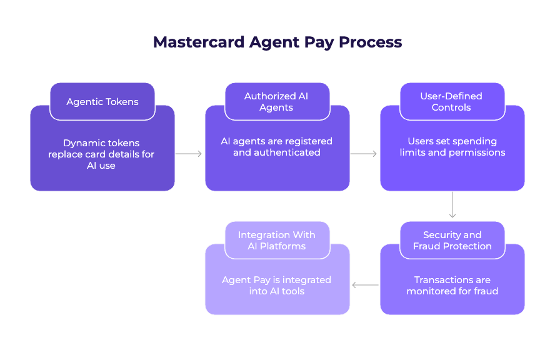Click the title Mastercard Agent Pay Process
[277, 42]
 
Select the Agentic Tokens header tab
[102, 102]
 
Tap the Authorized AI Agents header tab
[276, 102]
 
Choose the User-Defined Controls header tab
[451, 102]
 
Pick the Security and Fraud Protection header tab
[452, 241]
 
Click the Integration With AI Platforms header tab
[276, 241]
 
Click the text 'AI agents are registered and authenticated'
[276, 147]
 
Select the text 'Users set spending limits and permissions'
[452, 147]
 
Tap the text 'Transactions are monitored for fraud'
[452, 286]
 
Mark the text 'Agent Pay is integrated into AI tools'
[276, 286]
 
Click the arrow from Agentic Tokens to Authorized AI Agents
[189, 154]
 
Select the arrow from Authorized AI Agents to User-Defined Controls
[364, 154]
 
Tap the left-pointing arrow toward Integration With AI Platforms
[365, 286]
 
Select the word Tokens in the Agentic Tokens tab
[122, 102]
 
